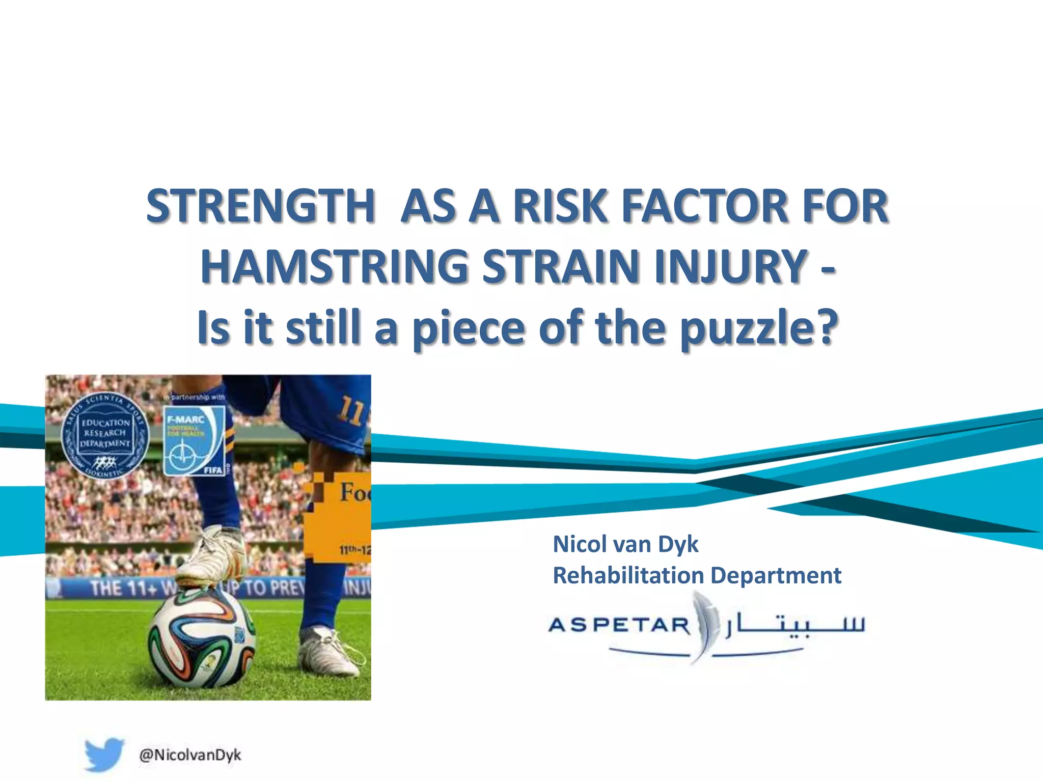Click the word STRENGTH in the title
pos(260,206)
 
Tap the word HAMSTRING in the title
pos(334,267)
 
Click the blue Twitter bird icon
pos(104,754)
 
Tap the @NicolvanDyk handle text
pos(190,755)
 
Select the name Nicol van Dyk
pos(625,544)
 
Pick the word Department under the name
pos(776,575)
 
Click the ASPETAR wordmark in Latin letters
pos(619,625)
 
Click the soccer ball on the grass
pos(202,638)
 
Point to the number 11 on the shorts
pos(350,410)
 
